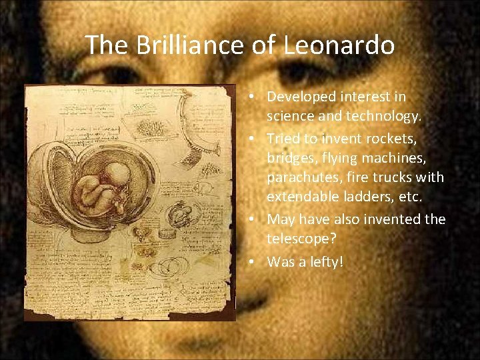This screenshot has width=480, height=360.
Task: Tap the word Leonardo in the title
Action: point(339,45)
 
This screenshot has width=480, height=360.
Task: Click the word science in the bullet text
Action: point(291,117)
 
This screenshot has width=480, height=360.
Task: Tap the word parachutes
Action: point(301,178)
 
